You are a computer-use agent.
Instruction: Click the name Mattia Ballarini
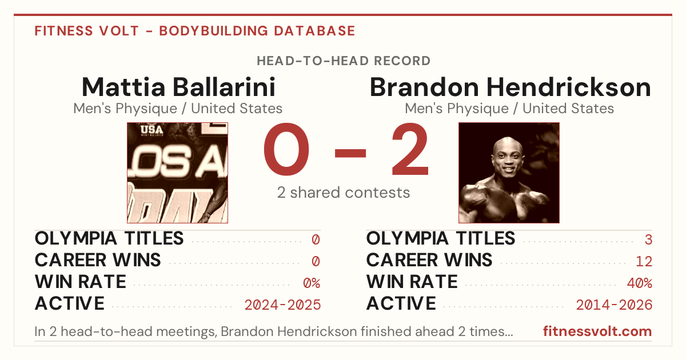(x=178, y=87)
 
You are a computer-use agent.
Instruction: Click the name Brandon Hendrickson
(x=510, y=87)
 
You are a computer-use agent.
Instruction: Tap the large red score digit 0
(x=286, y=149)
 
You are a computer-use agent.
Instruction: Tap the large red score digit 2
(x=410, y=149)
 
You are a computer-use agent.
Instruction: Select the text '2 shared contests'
(x=344, y=193)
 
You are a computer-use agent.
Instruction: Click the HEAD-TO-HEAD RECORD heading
(x=344, y=61)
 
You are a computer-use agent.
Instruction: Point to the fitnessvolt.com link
(x=597, y=331)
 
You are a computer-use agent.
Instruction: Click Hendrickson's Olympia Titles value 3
(x=648, y=239)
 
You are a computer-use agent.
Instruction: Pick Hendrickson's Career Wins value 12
(x=644, y=262)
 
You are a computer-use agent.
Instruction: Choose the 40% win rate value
(x=640, y=283)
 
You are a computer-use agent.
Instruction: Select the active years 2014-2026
(x=614, y=305)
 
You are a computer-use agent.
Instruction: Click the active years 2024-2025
(x=282, y=305)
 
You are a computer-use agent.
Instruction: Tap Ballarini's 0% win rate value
(x=312, y=283)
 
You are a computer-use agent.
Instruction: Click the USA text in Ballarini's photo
(x=152, y=130)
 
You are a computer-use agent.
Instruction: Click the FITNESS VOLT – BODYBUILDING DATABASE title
(x=195, y=31)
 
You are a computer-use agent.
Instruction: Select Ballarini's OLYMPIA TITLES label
(x=109, y=238)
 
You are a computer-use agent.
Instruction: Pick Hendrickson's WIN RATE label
(x=412, y=282)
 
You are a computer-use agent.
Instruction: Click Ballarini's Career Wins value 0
(x=316, y=262)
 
